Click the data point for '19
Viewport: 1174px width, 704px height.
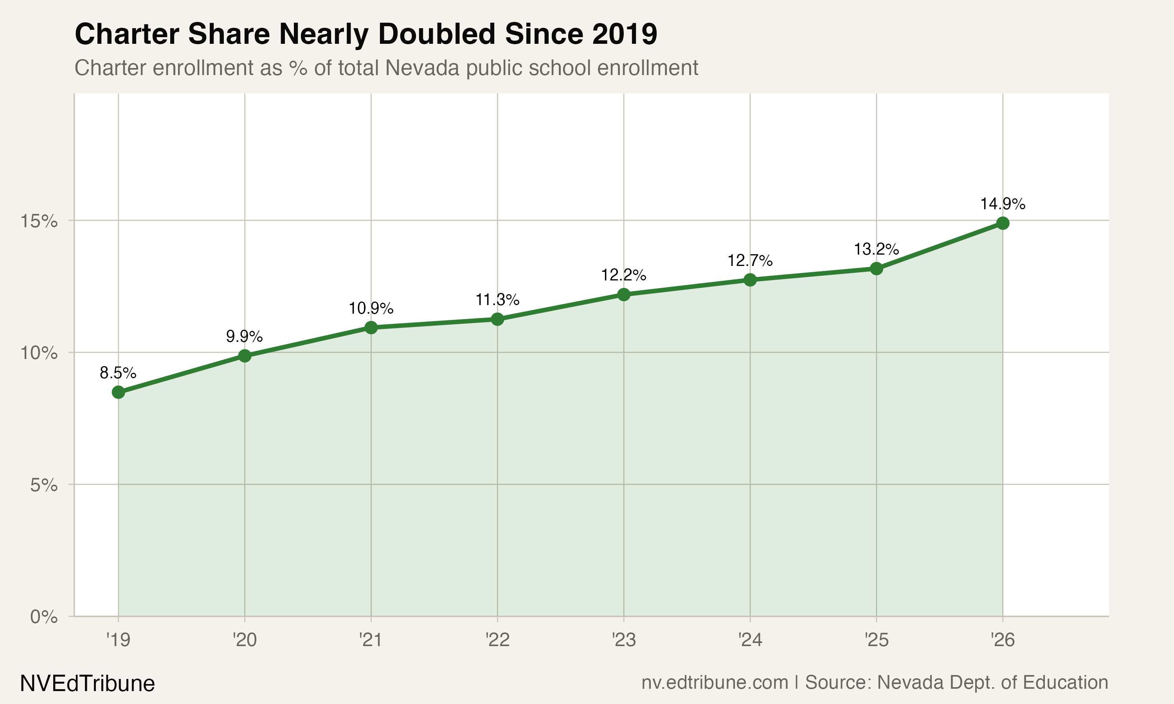click(118, 392)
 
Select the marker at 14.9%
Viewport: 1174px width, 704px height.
click(1002, 223)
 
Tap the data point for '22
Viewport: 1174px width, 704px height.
click(497, 319)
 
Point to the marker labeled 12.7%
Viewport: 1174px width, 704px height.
click(750, 280)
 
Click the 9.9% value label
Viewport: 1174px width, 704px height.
click(244, 336)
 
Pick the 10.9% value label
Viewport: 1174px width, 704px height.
click(371, 308)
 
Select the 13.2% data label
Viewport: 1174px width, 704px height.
click(876, 249)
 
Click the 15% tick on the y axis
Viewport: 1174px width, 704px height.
click(39, 221)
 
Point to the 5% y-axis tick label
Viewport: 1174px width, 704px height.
click(44, 485)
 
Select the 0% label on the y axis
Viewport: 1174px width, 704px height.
click(44, 617)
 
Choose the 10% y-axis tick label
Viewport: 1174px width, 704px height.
click(39, 353)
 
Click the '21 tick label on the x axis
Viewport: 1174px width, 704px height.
click(371, 640)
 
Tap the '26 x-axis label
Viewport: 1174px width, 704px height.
click(1002, 640)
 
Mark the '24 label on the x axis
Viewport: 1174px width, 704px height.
click(750, 640)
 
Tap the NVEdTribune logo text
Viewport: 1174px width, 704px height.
click(87, 684)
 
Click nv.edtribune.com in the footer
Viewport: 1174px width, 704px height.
click(715, 682)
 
